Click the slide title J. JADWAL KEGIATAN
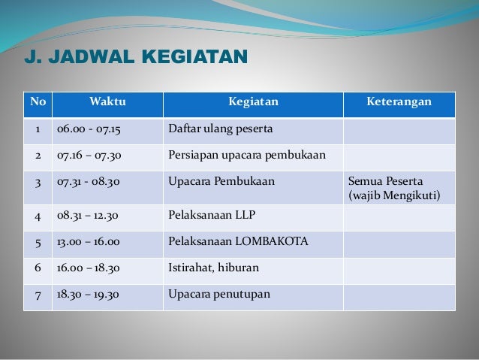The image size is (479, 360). (x=136, y=57)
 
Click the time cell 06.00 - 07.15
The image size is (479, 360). (x=89, y=130)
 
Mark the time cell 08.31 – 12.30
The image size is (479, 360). (x=89, y=216)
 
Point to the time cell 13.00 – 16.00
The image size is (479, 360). (x=89, y=243)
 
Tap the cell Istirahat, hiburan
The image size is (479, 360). (x=212, y=269)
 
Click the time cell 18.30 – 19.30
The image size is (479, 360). (x=89, y=295)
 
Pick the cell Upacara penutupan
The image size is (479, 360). (x=218, y=295)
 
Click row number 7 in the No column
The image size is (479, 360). (x=37, y=295)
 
